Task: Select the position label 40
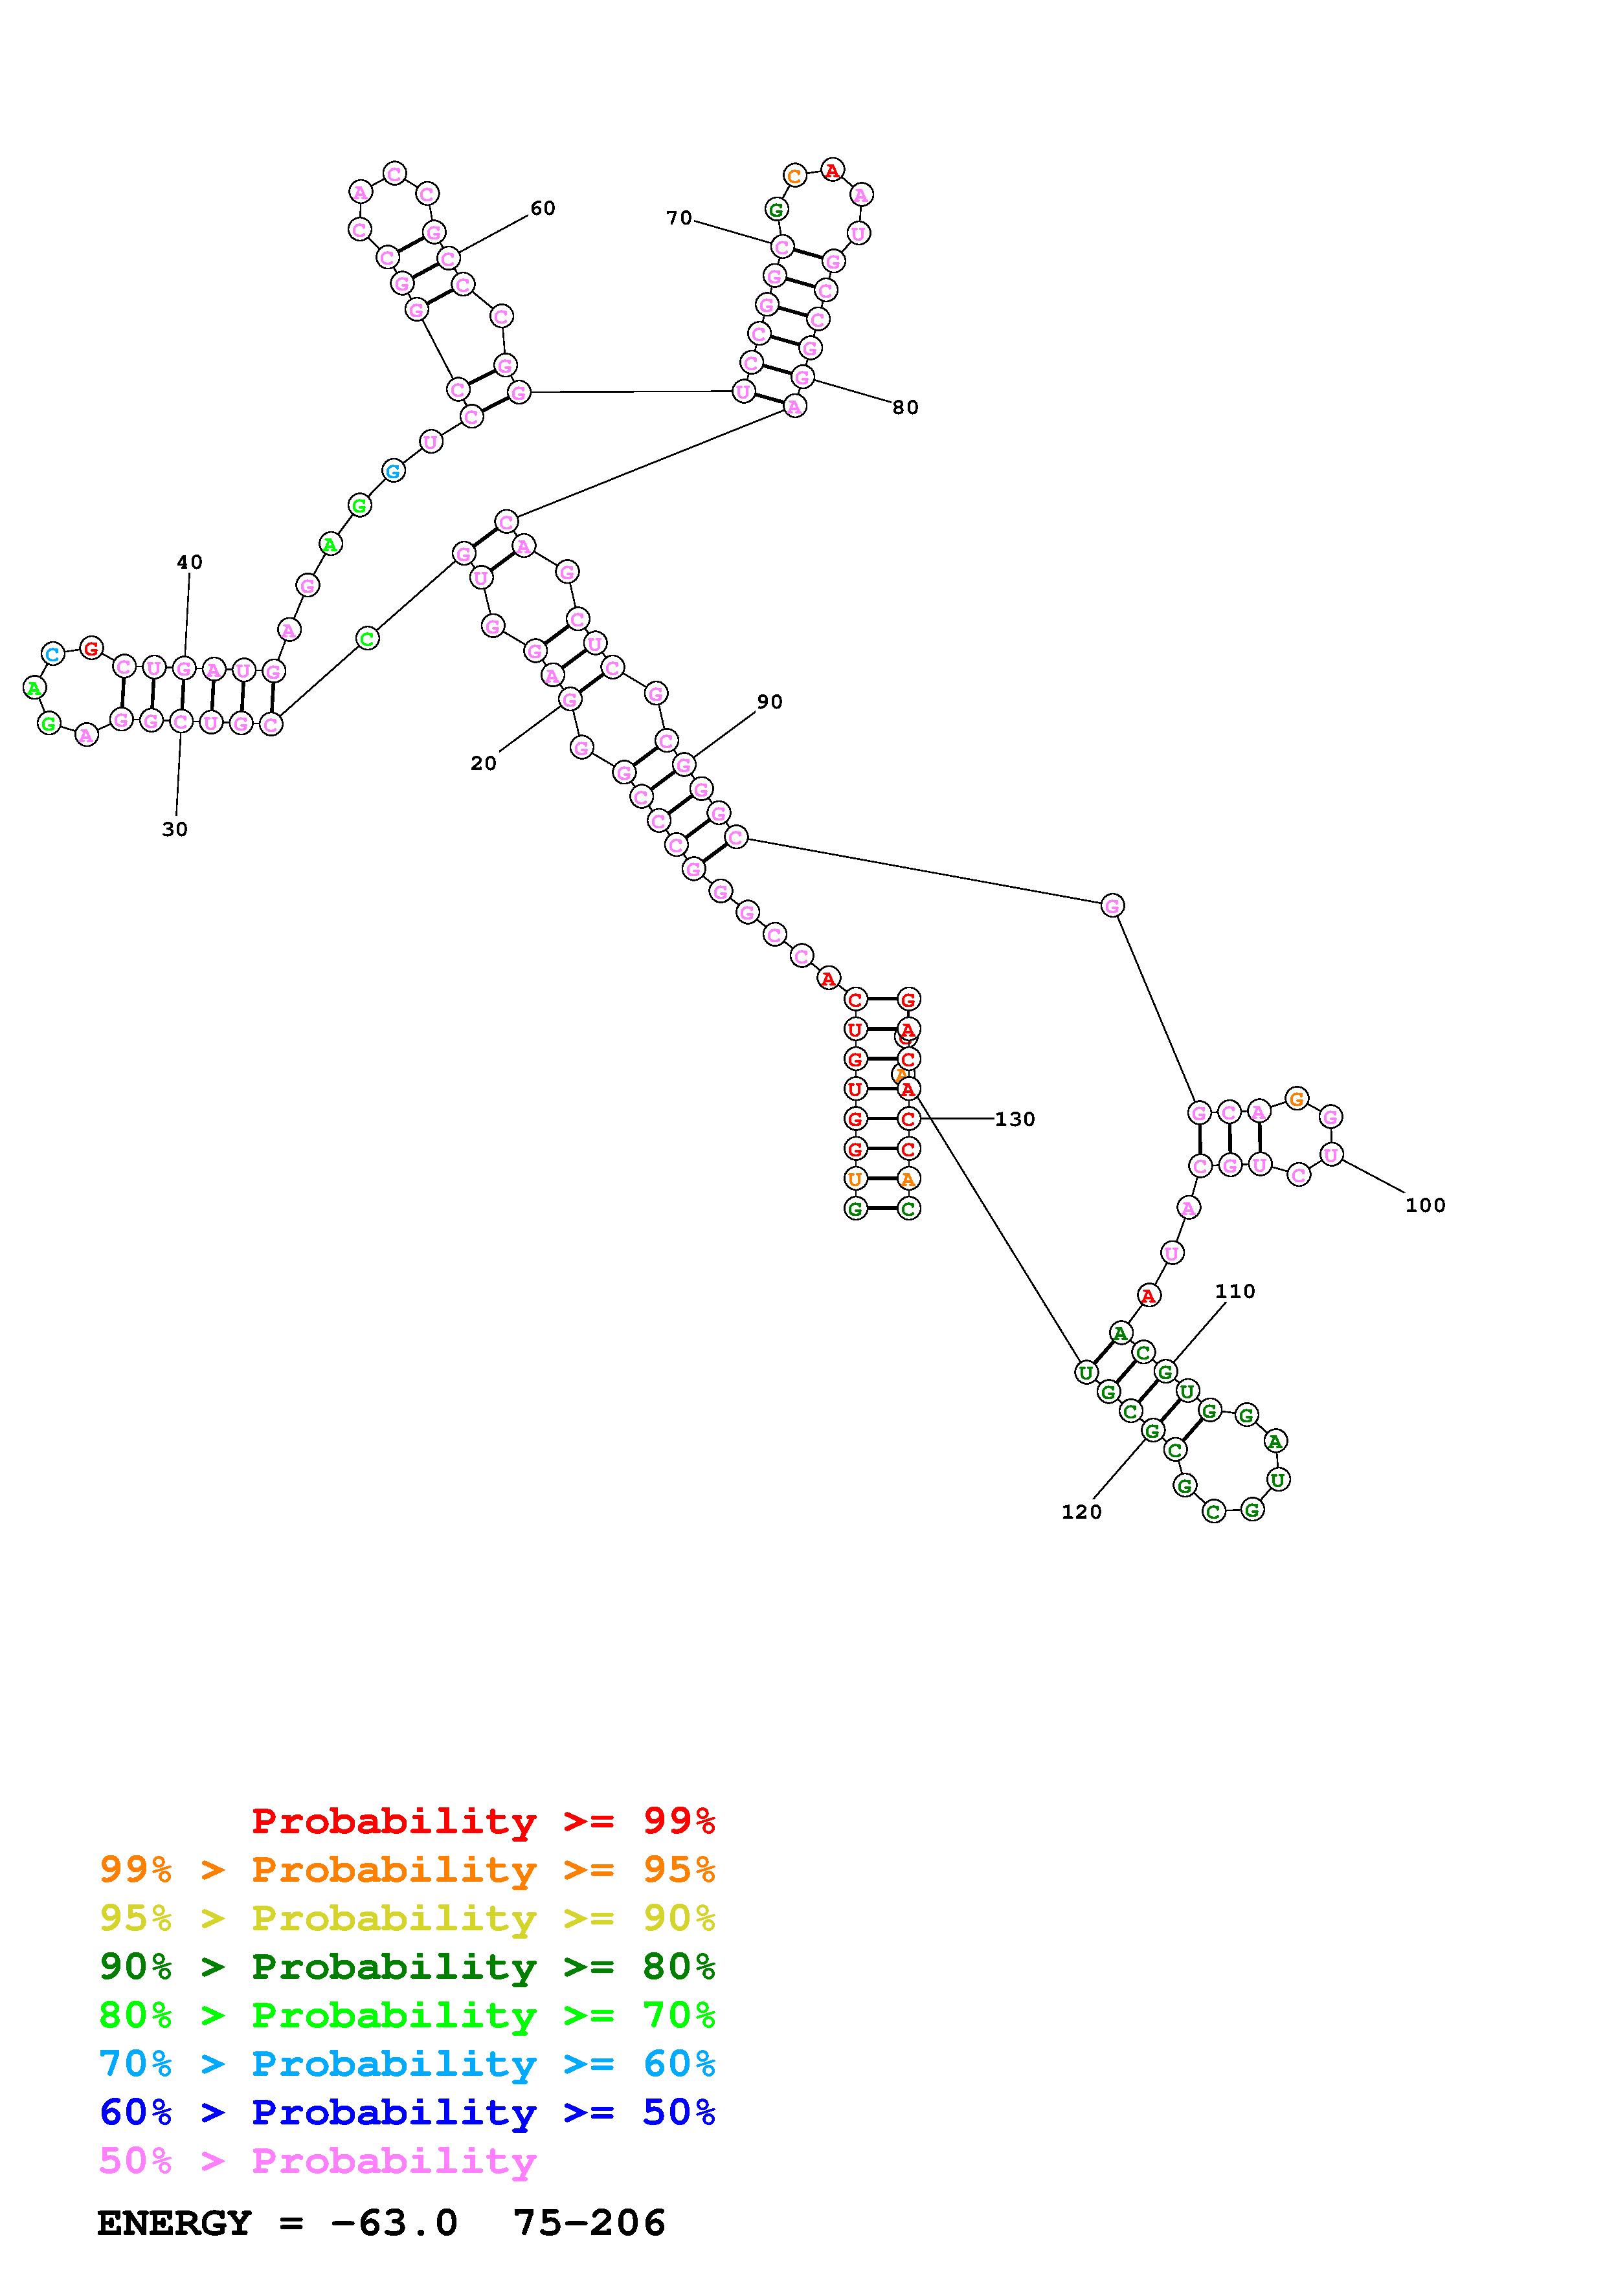click(x=189, y=562)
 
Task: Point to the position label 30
click(x=175, y=830)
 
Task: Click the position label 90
click(x=769, y=702)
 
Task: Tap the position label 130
click(x=1015, y=1119)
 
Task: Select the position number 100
click(x=1425, y=1205)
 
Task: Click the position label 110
click(x=1234, y=1291)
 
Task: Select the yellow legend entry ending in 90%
click(x=407, y=1918)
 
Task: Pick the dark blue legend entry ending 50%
click(x=407, y=2112)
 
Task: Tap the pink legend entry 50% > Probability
click(x=317, y=2160)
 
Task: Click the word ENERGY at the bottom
click(x=174, y=2223)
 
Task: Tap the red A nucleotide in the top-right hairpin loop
click(x=833, y=171)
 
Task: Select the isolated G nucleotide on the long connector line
click(x=1112, y=905)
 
